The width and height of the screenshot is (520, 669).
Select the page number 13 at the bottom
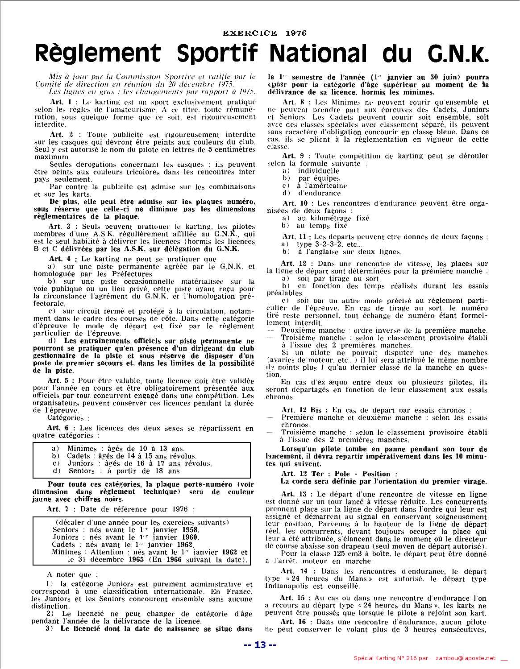(260, 645)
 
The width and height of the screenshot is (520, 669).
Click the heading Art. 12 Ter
(300, 474)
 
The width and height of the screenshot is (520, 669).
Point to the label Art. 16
(293, 622)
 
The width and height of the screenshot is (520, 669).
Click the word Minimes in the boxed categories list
(82, 449)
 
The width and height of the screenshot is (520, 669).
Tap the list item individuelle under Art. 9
(319, 171)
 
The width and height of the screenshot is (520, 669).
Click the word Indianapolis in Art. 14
(290, 586)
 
